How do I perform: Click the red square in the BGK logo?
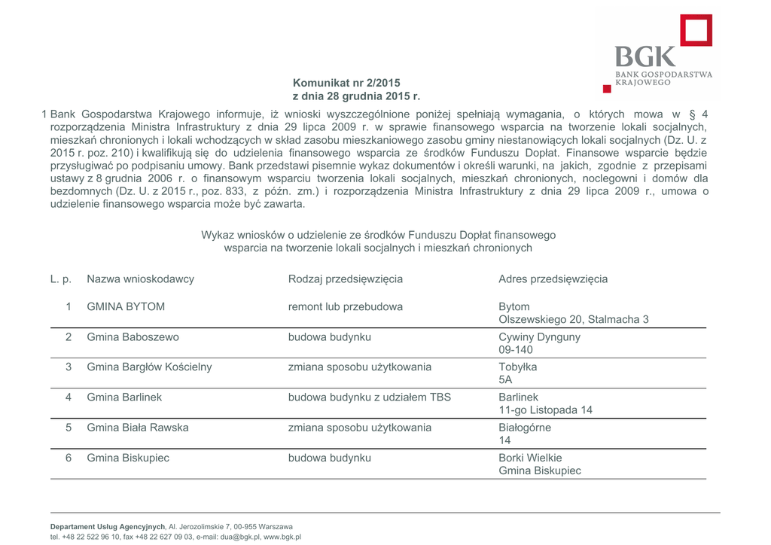coord(696,30)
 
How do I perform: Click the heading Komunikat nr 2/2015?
coord(346,83)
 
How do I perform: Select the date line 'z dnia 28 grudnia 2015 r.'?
coord(356,96)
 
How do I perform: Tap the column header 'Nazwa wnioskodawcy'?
coord(140,279)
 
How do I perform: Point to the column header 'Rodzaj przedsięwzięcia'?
coord(346,279)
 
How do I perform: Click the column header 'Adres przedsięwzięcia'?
coord(553,279)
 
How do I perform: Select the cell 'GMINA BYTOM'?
coord(126,307)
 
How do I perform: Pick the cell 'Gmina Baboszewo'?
coord(133,337)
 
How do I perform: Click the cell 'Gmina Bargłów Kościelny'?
coord(149,367)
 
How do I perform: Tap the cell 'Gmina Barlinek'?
coord(124,397)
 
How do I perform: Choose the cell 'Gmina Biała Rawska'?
coord(138,428)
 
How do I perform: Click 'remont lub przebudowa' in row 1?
coord(346,307)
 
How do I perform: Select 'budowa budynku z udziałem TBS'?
coord(370,397)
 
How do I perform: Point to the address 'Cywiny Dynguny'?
coord(539,337)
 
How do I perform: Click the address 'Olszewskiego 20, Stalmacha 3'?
coord(574,320)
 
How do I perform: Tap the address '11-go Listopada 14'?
coord(545,410)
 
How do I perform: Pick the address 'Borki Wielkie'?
coord(530,458)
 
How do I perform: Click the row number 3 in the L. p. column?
coord(69,367)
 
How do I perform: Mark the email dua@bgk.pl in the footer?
coord(240,537)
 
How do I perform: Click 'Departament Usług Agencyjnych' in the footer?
coord(108,526)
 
